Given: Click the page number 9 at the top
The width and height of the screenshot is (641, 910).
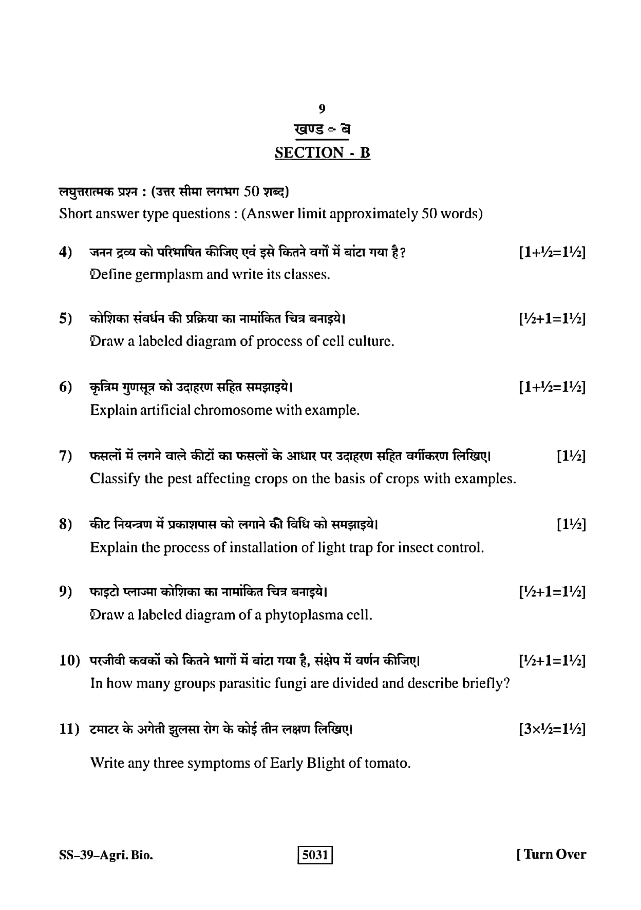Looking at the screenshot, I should [x=322, y=108].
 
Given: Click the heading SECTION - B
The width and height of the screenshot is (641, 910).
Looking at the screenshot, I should [x=323, y=153].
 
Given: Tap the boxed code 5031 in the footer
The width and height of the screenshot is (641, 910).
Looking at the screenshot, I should [x=315, y=855].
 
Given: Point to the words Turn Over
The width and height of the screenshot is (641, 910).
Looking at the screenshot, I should [x=555, y=855].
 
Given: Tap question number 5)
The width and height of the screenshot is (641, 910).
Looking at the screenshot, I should [x=66, y=319].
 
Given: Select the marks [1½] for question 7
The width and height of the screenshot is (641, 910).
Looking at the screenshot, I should [x=571, y=456].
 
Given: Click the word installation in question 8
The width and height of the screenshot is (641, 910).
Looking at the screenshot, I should [x=262, y=547].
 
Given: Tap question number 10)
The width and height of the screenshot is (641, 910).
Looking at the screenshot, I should [x=70, y=660].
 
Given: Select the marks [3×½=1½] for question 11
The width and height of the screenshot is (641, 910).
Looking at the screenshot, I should [x=552, y=729].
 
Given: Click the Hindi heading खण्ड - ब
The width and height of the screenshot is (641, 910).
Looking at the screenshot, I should [x=322, y=129].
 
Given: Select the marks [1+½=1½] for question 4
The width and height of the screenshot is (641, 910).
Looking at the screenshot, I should [x=552, y=253].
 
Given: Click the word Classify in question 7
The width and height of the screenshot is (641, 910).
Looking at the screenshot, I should [x=116, y=479].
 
